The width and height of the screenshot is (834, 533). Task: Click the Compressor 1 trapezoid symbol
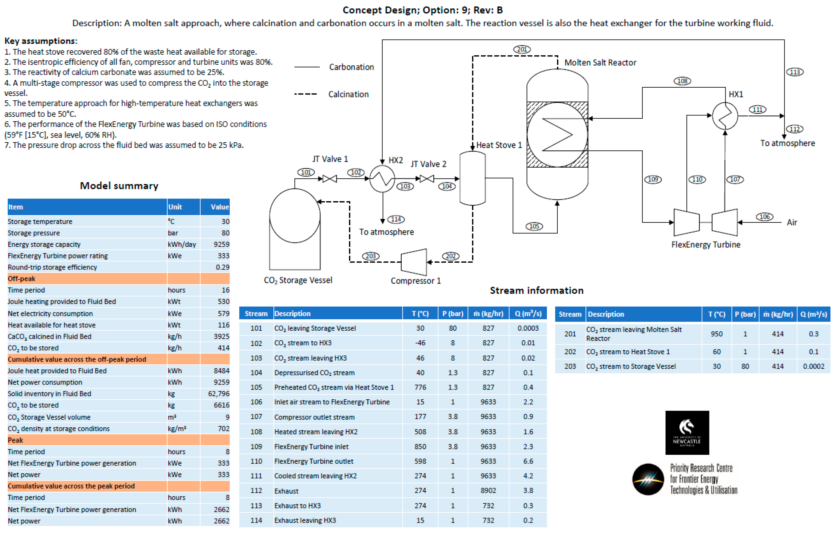414,262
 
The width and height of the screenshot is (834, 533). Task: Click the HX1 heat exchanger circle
725,116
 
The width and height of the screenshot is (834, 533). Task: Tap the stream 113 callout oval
794,72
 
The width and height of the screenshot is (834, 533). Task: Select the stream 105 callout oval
534,226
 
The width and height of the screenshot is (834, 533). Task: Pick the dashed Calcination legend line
305,94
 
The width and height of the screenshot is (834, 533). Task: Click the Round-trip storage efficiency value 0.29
222,267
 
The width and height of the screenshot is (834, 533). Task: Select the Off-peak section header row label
22,279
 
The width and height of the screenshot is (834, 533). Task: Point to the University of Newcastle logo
687,433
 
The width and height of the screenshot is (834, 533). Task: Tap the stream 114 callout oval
396,219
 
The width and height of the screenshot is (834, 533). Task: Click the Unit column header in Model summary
175,207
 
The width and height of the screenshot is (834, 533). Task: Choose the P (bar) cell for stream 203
745,366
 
